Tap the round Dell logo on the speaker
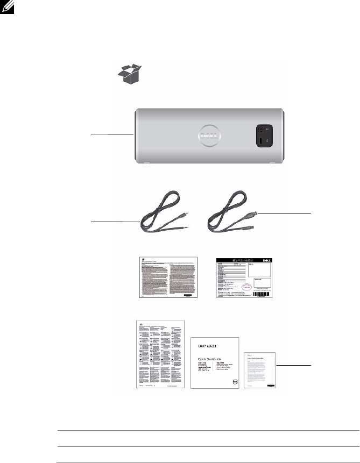(208, 137)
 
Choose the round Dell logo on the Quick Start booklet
(233, 382)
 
